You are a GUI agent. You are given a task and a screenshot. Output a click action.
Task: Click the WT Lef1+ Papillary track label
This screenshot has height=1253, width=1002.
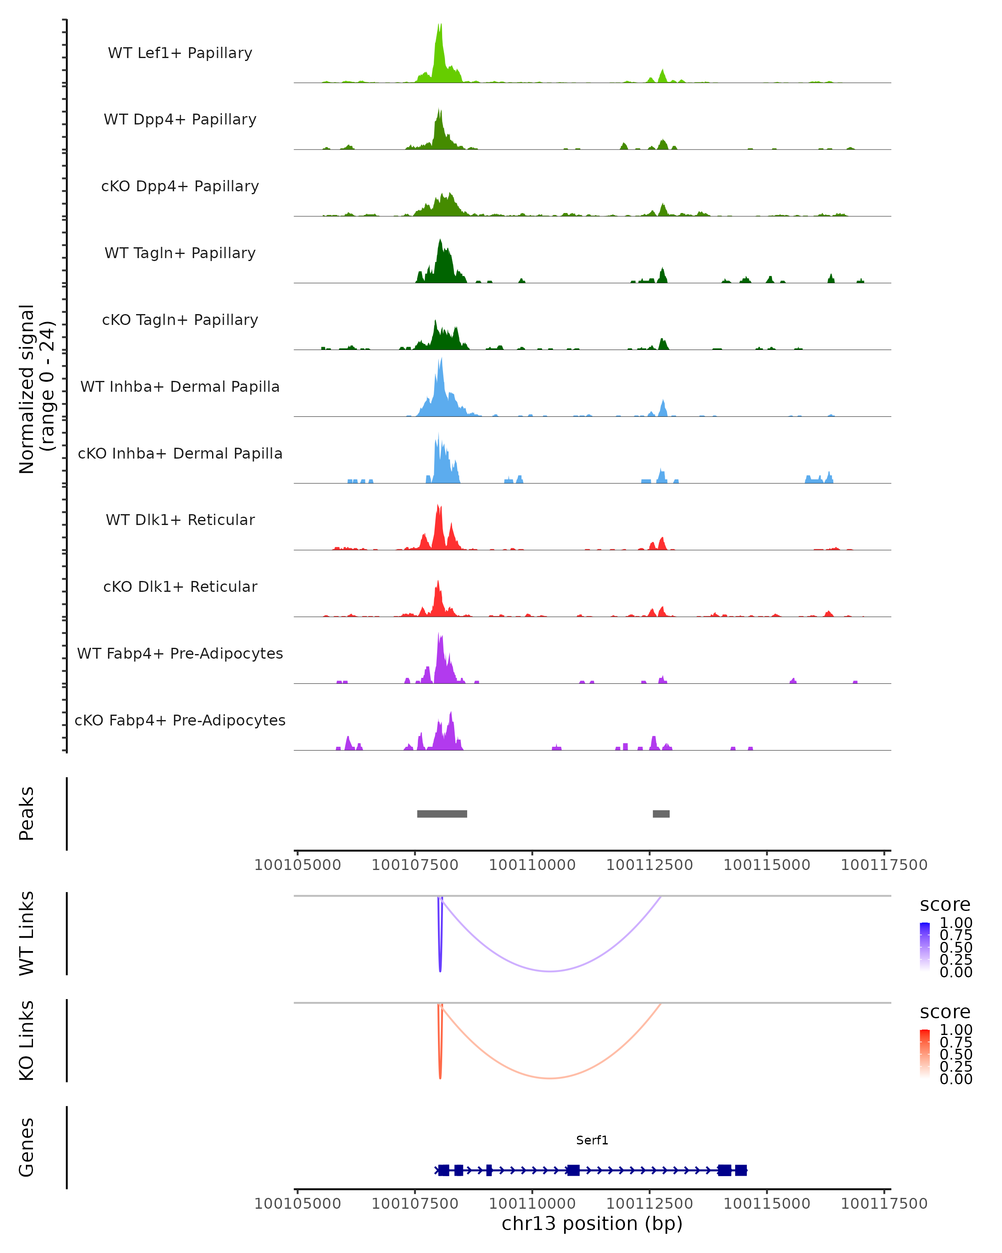180,53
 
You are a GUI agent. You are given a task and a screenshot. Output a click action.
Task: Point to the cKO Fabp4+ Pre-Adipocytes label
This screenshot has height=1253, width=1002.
180,720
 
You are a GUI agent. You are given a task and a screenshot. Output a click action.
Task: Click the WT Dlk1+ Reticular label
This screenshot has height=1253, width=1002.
180,520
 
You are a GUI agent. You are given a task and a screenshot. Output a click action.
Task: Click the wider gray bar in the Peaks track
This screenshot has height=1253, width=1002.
442,814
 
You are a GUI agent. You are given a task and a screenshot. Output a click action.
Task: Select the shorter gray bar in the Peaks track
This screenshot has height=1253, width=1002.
661,814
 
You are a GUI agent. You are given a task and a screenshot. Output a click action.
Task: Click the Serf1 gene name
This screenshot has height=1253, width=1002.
592,1140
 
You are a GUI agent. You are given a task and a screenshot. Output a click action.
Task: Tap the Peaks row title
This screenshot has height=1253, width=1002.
27,814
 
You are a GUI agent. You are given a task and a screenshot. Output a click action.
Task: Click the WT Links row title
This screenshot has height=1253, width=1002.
27,933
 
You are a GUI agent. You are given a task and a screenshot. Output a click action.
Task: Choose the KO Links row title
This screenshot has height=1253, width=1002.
27,1041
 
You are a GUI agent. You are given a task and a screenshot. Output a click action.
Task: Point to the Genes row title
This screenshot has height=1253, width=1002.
27,1148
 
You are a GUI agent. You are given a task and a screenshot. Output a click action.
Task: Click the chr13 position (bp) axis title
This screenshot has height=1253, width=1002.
592,1224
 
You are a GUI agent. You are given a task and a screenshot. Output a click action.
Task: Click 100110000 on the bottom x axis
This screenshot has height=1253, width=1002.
532,1204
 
